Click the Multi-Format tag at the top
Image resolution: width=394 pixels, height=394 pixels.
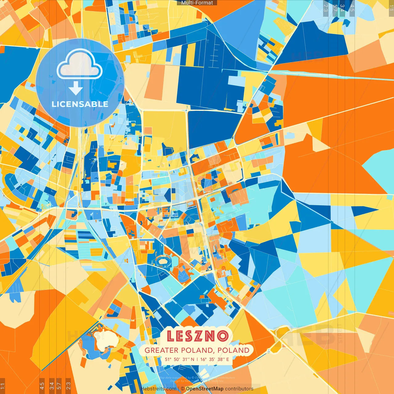coord(197,3)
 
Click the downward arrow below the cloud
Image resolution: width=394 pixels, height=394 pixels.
coord(76,89)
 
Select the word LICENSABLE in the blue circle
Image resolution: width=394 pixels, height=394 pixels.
coord(80,104)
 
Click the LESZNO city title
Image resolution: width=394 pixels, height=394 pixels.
coord(198,336)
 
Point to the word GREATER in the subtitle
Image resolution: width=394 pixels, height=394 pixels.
coord(162,350)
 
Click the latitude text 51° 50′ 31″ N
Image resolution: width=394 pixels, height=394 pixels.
coord(179,359)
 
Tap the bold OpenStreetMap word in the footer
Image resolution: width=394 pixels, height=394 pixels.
coord(205,389)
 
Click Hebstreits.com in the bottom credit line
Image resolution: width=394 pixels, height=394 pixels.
coord(159,389)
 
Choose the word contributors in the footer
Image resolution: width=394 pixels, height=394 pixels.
coord(239,389)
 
